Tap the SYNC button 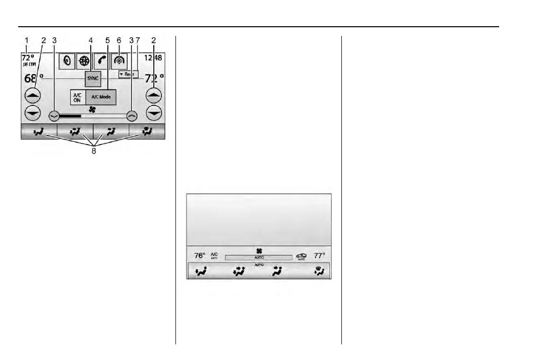pos(93,79)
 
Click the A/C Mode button pos(101,97)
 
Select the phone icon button pos(102,61)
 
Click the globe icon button pos(84,61)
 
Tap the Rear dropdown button pos(128,74)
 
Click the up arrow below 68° pos(33,94)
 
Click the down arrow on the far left pos(33,113)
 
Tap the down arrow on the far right pos(154,113)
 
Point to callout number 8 pos(93,151)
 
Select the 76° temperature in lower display pos(200,256)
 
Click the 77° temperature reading pos(320,256)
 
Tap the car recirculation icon pos(301,256)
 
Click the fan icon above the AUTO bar pos(259,251)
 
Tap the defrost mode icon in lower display pos(320,273)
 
